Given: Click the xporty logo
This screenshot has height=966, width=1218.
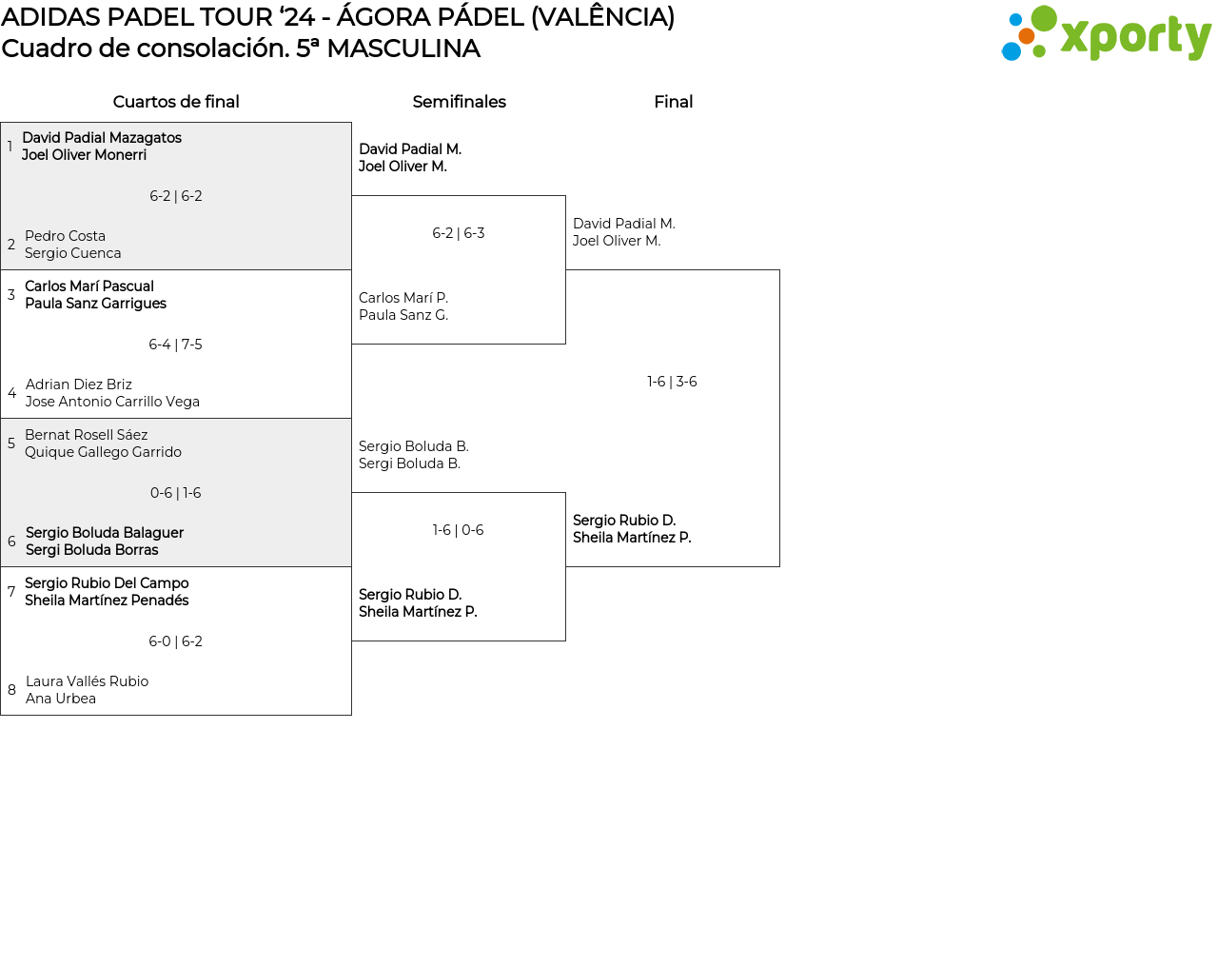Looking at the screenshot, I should point(1106,34).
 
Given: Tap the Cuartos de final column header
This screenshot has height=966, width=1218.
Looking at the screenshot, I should point(176,102).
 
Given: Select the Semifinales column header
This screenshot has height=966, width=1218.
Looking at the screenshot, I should point(459,102).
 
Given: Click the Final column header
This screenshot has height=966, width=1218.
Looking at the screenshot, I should point(673,102).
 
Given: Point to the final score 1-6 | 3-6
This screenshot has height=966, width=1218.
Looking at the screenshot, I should point(672,382).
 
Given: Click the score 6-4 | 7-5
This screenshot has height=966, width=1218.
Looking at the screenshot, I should point(175,345).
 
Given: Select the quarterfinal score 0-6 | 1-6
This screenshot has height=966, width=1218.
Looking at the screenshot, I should point(175,493).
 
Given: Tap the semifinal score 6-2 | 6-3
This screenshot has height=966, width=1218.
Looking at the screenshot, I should point(458,233).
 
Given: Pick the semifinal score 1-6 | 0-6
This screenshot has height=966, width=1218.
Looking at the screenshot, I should point(458,530).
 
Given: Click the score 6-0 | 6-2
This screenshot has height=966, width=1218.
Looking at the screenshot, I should point(175,641).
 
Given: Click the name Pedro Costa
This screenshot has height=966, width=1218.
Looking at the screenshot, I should point(65,236).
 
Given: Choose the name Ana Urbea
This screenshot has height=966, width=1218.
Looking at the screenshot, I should point(61,699).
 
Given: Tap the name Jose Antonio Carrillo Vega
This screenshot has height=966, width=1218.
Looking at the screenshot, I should point(112,402).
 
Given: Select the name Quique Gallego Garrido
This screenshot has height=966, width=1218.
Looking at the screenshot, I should point(103,452).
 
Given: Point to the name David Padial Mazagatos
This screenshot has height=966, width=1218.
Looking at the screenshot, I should point(102,138).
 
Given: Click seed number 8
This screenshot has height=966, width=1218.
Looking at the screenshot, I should point(11,690).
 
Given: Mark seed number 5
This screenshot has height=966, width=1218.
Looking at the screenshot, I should point(11,444).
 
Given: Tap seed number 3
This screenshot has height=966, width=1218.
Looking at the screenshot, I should point(11,295).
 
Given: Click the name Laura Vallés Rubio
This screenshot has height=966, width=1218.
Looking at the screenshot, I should point(87,681).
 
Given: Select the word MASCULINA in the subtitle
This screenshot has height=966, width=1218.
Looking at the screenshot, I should point(403,49).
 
